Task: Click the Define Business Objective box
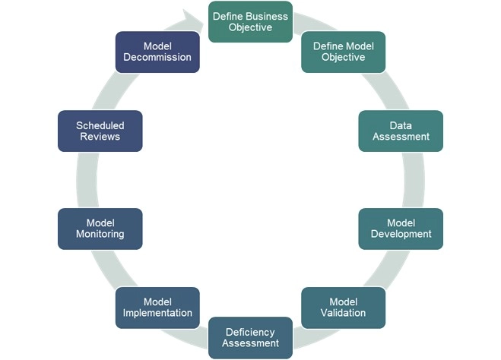(x=250, y=21)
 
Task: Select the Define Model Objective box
(x=343, y=52)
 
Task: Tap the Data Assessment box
(x=400, y=131)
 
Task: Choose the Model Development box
(x=400, y=228)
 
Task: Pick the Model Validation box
(x=343, y=307)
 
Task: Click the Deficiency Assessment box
(x=250, y=337)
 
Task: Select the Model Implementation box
(x=157, y=307)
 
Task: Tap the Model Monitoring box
(x=100, y=228)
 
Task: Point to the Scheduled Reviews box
(x=100, y=131)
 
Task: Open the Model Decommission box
(x=157, y=52)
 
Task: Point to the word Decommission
(x=157, y=57)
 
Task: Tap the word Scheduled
(x=100, y=125)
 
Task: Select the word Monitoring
(x=100, y=234)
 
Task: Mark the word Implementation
(x=157, y=313)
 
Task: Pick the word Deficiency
(x=250, y=332)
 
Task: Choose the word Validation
(x=343, y=313)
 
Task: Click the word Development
(x=400, y=234)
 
